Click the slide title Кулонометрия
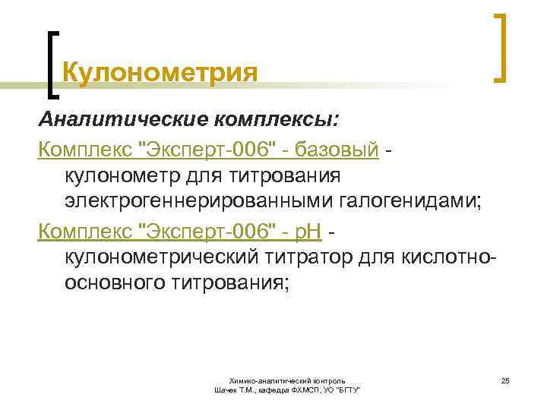tap(160, 74)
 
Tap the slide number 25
tap(504, 379)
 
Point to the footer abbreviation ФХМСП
tap(305, 389)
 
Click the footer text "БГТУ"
tap(347, 389)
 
